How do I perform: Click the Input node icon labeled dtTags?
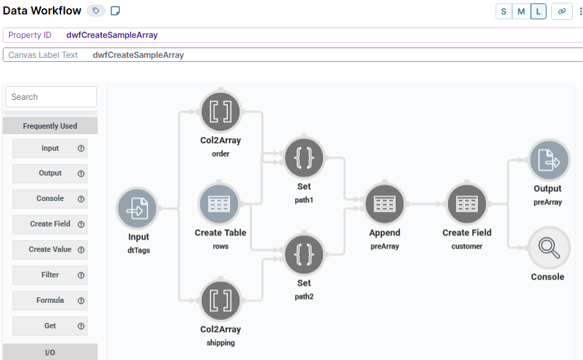(138, 209)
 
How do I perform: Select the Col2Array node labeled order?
(220, 112)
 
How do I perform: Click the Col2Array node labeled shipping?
(220, 300)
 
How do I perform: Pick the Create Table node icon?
(220, 204)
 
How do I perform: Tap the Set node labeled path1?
(304, 158)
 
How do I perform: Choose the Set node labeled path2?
(304, 255)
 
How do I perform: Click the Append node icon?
(384, 204)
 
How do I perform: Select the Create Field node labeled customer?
(467, 204)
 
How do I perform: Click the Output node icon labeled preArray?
(548, 161)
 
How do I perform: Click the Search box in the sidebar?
(51, 97)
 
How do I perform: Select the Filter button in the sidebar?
(50, 275)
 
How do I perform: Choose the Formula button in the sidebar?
(50, 300)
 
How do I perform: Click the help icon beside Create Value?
(81, 249)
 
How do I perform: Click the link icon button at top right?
(562, 11)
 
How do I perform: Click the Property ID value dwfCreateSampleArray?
(112, 35)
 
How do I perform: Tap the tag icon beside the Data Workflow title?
(96, 11)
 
